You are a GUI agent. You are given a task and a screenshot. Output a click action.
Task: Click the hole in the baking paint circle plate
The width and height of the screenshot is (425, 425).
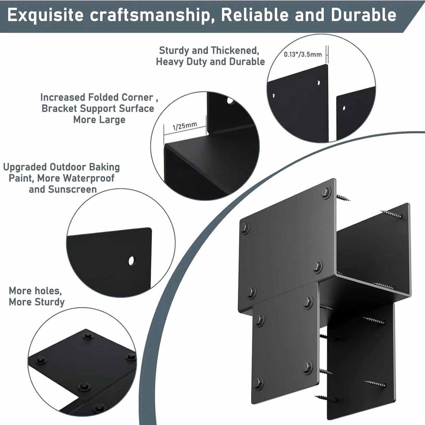132,261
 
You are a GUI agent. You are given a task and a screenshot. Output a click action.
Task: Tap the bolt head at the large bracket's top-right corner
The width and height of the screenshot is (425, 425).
326,192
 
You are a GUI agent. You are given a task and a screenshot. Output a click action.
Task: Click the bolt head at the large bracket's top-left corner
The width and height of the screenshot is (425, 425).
245,227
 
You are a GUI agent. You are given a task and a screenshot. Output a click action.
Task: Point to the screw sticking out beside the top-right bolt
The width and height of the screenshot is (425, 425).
343,198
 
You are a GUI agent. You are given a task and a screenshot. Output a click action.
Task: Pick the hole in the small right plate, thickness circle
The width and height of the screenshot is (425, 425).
344,109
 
